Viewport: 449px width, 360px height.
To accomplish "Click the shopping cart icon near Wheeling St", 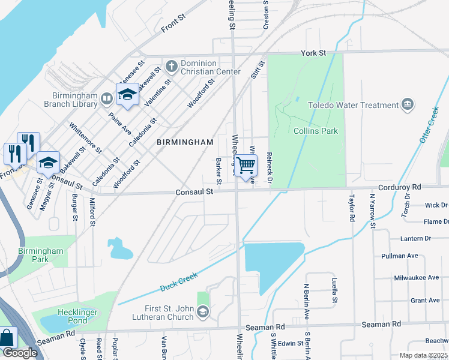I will click(246, 165).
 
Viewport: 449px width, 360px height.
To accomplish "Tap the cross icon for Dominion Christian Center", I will click(171, 64).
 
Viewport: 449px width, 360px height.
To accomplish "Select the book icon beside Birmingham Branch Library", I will click(106, 98).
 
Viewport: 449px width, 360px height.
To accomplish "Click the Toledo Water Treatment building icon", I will click(408, 105).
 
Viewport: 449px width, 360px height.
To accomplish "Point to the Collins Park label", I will click(316, 131).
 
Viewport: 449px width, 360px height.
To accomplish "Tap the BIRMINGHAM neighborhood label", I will click(185, 142).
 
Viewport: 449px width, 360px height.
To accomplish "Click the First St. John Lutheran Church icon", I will click(203, 311).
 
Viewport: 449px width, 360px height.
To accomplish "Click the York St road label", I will click(313, 53).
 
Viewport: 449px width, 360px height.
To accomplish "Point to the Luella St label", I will click(335, 290).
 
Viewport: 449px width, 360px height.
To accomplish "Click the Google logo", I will click(19, 353).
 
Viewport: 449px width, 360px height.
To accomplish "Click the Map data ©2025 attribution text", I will click(423, 355).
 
